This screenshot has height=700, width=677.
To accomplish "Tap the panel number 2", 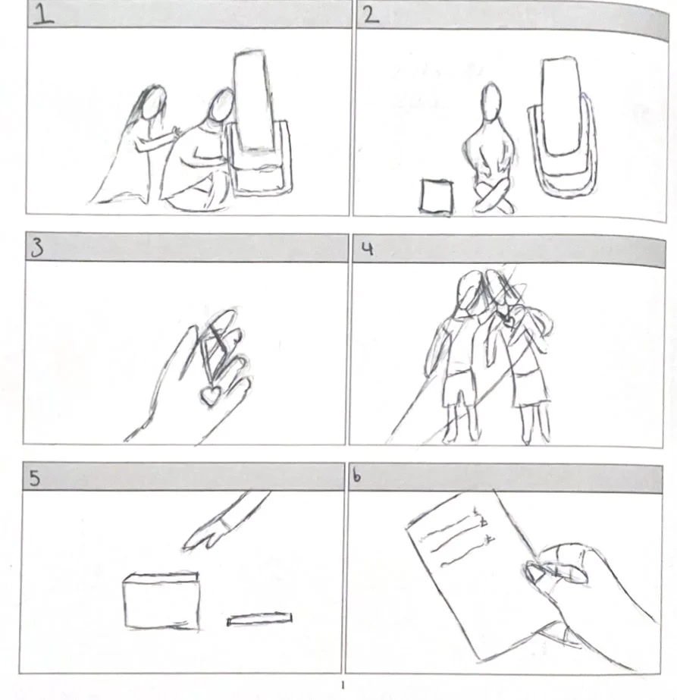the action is pos(371,15).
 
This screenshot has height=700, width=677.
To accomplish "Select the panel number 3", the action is pos(37,248).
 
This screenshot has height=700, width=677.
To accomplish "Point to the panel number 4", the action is pos(367,249).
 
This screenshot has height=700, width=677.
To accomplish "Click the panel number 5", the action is pos(34,478).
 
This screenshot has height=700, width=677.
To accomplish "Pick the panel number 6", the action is pos(356,476).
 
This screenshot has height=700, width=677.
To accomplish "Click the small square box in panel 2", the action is pos(437,196).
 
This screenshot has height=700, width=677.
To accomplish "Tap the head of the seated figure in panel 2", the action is pos(491,102).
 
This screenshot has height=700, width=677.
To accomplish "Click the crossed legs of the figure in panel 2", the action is pos(494,198).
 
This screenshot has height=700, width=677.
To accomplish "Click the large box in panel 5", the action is pos(161,601).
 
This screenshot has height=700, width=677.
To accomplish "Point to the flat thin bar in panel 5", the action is pos(260,619).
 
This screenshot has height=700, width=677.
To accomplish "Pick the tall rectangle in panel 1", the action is pos(252,100).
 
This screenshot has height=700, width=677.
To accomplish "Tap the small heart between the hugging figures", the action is pos(507,319).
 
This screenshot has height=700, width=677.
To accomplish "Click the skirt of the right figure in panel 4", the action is pos(530,388).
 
